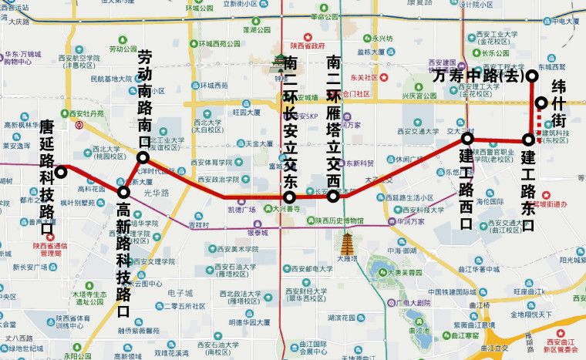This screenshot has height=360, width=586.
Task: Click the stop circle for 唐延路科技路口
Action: pyautogui.click(x=60, y=171)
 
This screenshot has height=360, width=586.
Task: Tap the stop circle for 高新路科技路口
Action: pyautogui.click(x=123, y=191)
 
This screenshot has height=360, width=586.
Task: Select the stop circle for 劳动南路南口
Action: pyautogui.click(x=143, y=157)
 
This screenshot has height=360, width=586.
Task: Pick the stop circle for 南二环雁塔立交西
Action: pyautogui.click(x=333, y=197)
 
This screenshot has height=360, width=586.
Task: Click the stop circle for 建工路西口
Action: pyautogui.click(x=467, y=138)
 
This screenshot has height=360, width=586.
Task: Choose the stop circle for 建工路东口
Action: pyautogui.click(x=528, y=140)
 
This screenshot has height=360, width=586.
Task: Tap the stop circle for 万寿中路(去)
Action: pyautogui.click(x=531, y=76)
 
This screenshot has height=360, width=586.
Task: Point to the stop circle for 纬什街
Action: pyautogui.click(x=542, y=103)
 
